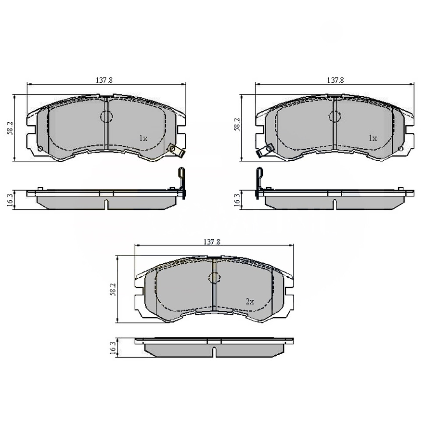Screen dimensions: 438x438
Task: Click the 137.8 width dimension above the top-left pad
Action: click(104, 80)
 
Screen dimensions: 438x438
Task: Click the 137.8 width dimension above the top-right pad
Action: click(335, 80)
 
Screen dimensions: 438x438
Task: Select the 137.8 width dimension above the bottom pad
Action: click(212, 242)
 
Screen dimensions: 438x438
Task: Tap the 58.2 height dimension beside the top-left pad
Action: click(10, 128)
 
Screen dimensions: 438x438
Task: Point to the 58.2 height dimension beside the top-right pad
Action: click(237, 125)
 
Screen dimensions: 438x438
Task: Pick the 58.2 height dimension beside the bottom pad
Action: click(113, 289)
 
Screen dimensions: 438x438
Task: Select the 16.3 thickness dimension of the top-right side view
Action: click(237, 200)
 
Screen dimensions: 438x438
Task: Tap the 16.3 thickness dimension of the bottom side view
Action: click(113, 348)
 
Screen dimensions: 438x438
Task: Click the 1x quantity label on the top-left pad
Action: click(143, 138)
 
